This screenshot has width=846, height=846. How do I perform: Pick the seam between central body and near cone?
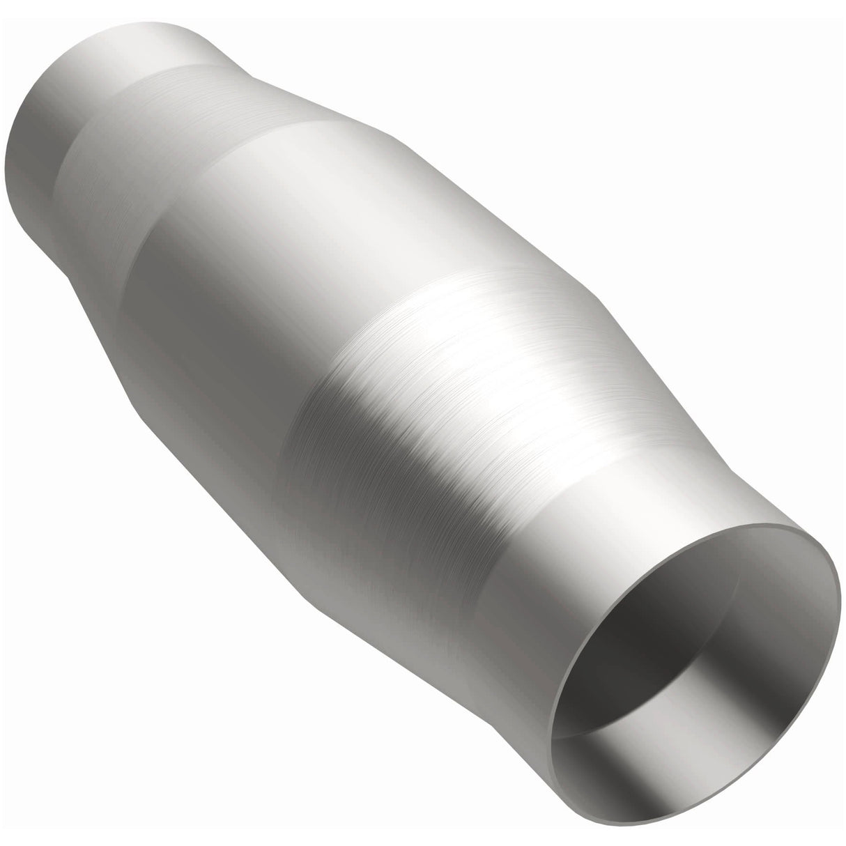click(348, 362)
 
